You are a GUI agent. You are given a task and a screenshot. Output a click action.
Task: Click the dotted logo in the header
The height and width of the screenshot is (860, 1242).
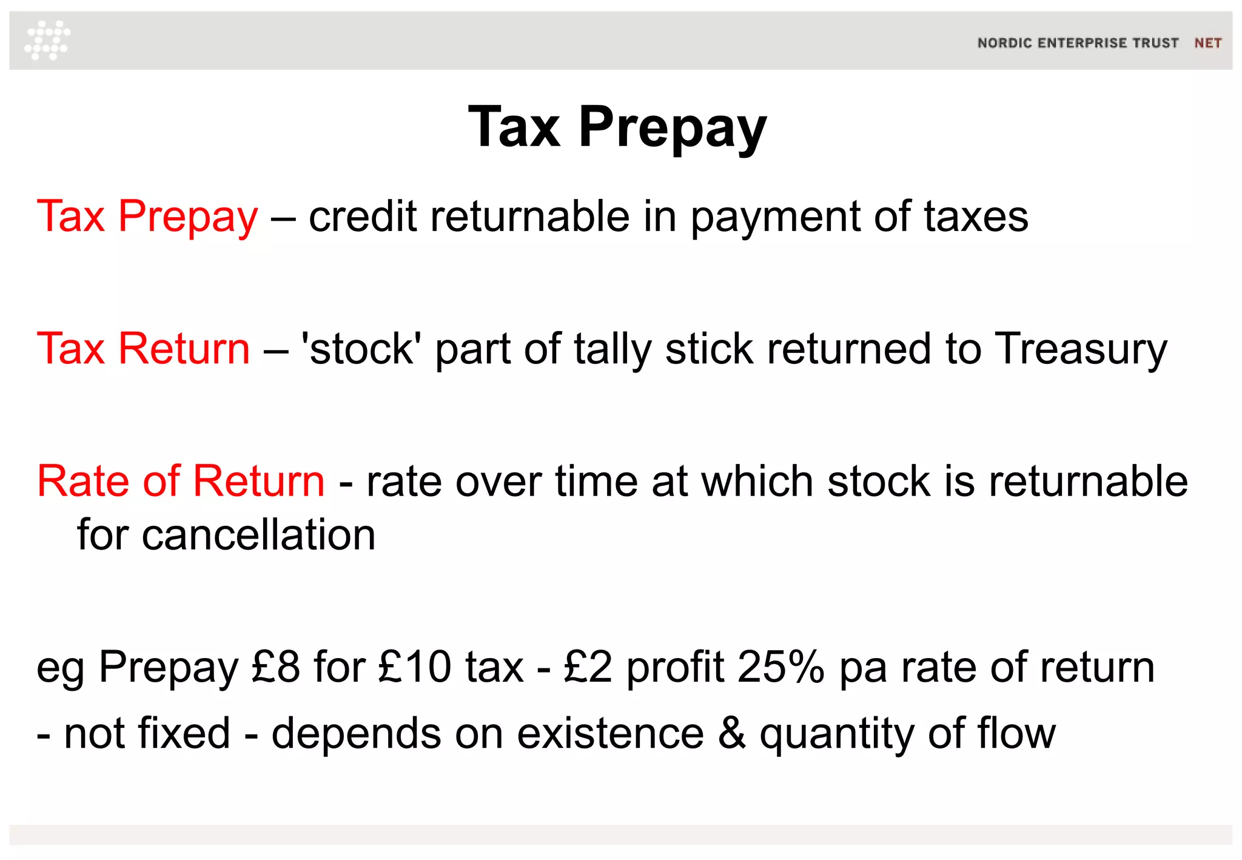click(x=47, y=40)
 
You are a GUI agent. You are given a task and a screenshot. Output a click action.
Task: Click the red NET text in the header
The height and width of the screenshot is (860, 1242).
click(x=1207, y=43)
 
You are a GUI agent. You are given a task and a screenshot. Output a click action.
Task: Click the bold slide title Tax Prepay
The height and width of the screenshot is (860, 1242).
click(x=617, y=127)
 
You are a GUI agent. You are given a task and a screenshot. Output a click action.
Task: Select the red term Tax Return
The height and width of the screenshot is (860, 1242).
click(x=143, y=349)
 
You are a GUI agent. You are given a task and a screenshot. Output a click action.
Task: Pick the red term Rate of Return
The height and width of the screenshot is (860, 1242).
click(x=181, y=481)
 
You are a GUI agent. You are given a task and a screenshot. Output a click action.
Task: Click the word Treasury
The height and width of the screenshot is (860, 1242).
click(x=1081, y=350)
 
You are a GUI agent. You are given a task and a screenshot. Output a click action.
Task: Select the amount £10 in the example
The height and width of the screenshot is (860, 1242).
click(x=415, y=667)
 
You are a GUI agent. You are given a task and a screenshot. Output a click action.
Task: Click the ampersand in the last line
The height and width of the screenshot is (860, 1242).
click(x=732, y=733)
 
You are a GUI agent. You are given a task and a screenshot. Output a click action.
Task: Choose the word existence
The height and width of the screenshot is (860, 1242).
click(x=610, y=733)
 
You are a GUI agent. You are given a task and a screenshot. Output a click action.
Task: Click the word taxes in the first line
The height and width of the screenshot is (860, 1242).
click(x=976, y=217)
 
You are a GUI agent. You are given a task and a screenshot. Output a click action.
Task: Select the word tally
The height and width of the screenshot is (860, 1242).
click(x=612, y=350)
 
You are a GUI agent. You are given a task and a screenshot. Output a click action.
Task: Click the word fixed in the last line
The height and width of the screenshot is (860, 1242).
click(x=184, y=733)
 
